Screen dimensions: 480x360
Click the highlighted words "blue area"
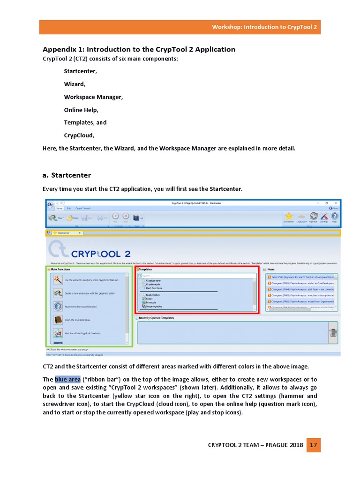tap(67, 379)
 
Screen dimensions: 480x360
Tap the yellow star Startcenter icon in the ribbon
tap(289, 216)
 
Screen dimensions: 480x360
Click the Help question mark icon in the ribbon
tap(335, 216)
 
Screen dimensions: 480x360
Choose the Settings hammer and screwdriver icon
tap(324, 216)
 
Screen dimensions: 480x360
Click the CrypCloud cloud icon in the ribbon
tap(301, 216)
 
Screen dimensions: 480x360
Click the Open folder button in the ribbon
tap(72, 217)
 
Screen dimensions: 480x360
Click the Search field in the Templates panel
tap(197, 276)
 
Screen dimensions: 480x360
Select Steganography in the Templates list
tap(154, 306)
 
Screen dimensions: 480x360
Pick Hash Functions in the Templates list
tap(154, 288)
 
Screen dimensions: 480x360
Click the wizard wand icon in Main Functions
tap(58, 280)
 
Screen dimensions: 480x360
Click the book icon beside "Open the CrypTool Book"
tap(58, 320)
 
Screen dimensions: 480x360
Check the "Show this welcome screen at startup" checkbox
tap(48, 349)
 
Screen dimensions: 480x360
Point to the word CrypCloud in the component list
tap(79, 135)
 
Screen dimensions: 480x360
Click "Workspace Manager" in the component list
tap(93, 97)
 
